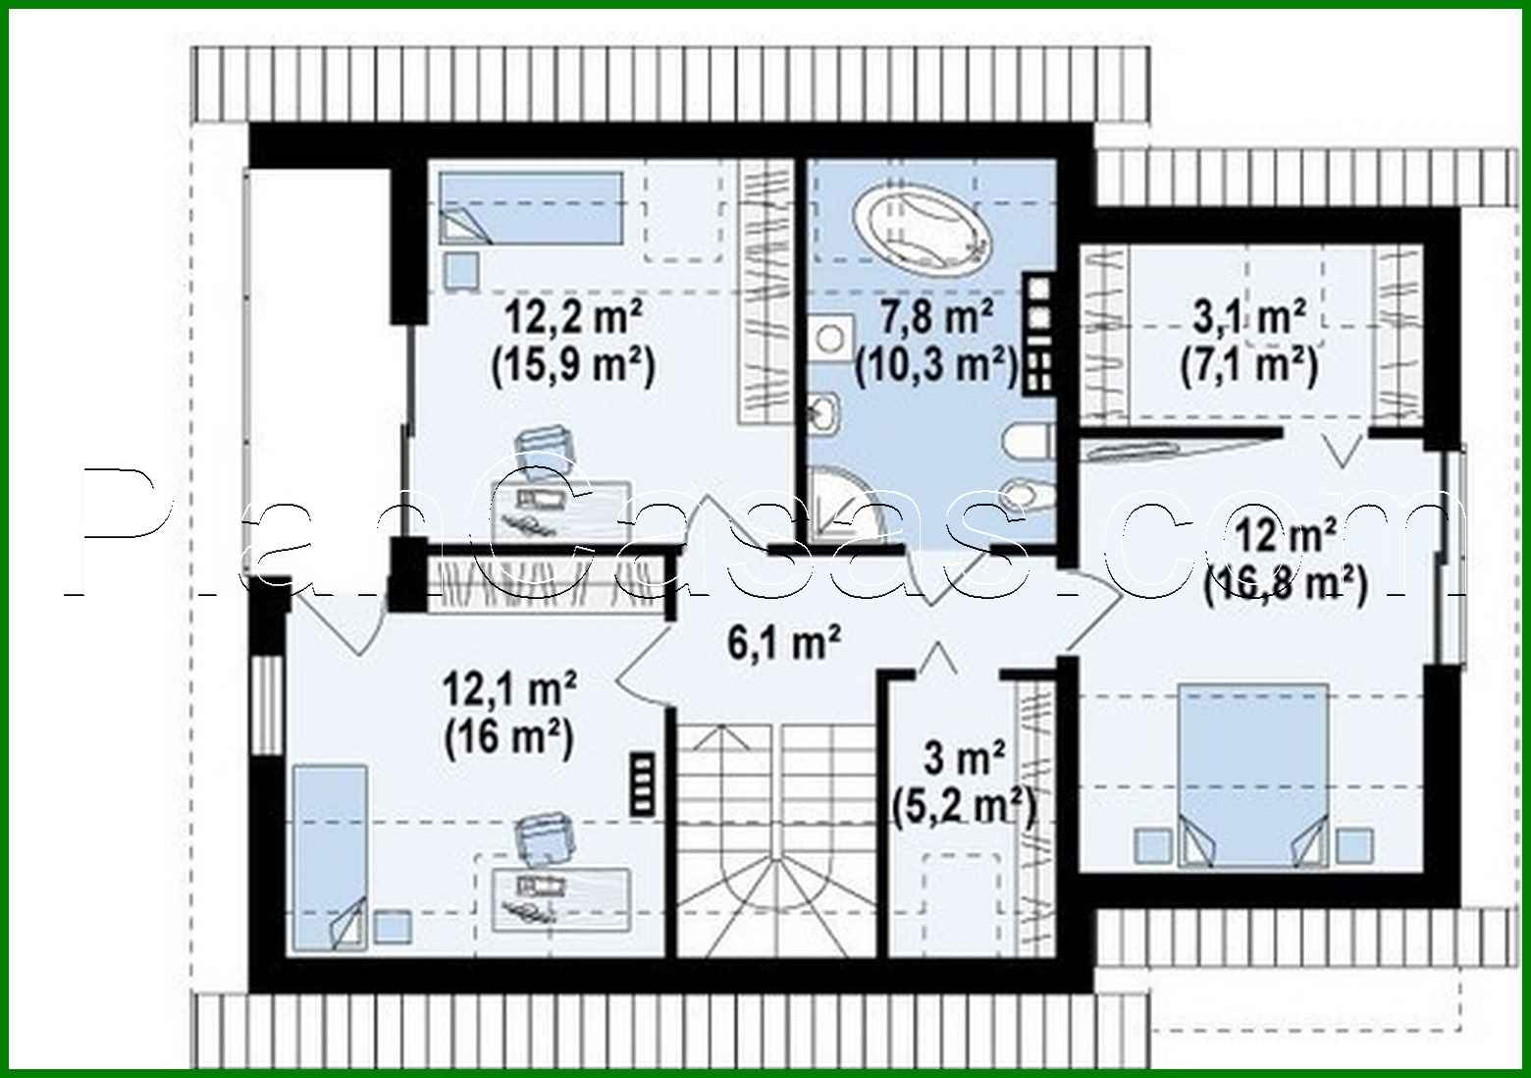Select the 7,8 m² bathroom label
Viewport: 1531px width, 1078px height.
tap(937, 319)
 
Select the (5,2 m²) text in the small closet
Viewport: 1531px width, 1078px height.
tap(964, 805)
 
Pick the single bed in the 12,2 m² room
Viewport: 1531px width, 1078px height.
tap(531, 208)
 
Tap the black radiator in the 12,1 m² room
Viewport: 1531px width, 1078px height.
tap(643, 783)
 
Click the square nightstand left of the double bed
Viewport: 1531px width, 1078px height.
tap(1151, 844)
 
